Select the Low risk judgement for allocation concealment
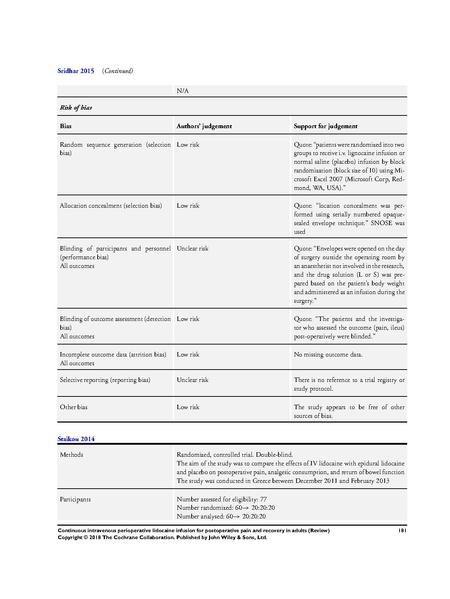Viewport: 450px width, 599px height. click(191, 204)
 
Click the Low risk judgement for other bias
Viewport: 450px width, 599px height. click(191, 406)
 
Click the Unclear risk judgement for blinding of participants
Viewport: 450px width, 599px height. click(196, 247)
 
